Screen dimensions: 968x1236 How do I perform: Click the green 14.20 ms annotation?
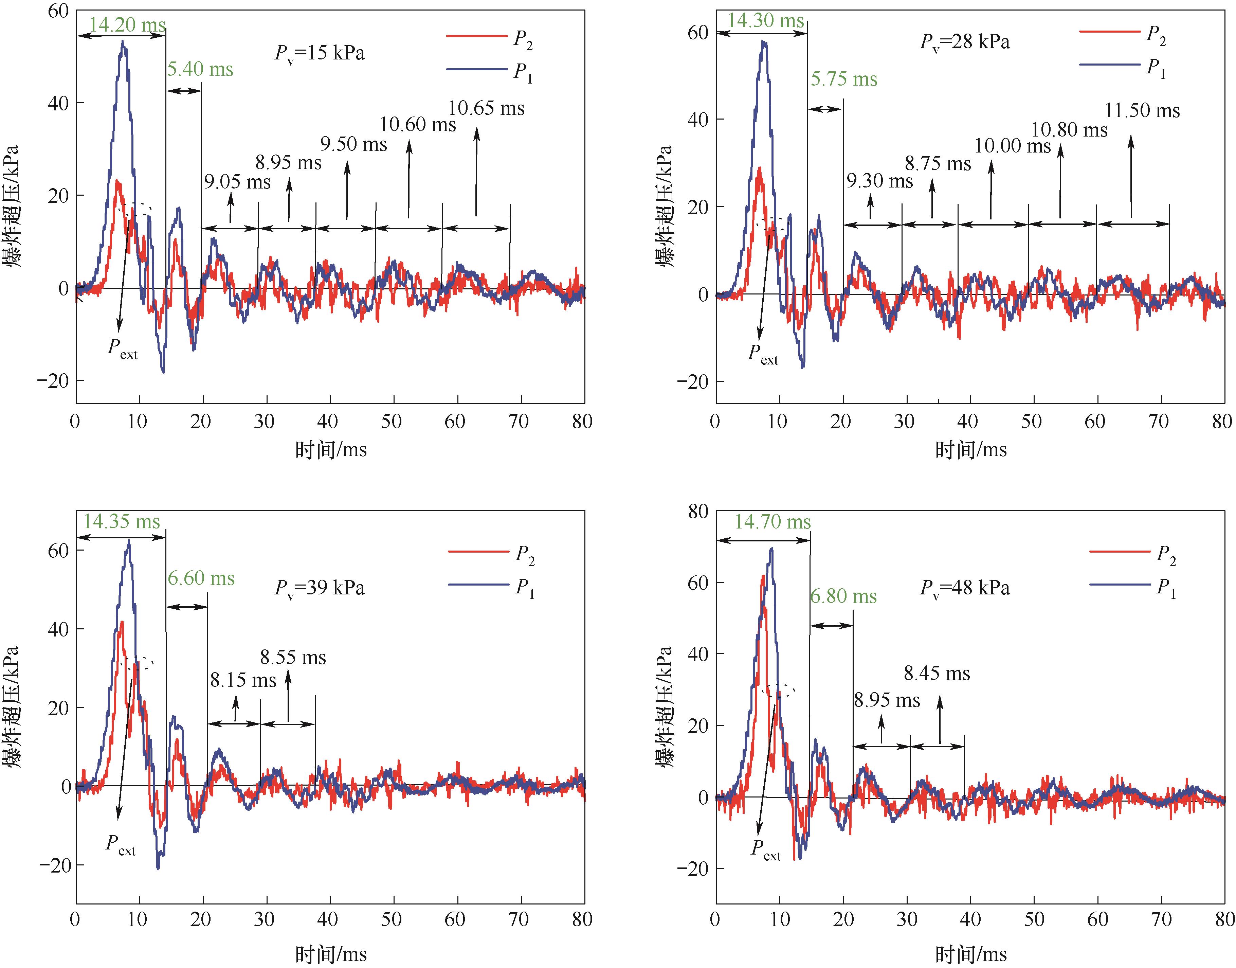click(127, 24)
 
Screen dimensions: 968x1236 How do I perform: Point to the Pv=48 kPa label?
click(965, 588)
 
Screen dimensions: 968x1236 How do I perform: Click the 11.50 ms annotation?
click(1142, 110)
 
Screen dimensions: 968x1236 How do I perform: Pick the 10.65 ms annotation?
click(486, 108)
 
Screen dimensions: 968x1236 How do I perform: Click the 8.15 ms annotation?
click(243, 680)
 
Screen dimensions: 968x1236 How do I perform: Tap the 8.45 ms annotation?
click(937, 673)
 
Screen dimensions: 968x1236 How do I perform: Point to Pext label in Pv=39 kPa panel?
click(121, 844)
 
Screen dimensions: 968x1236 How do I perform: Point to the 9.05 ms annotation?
click(237, 182)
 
